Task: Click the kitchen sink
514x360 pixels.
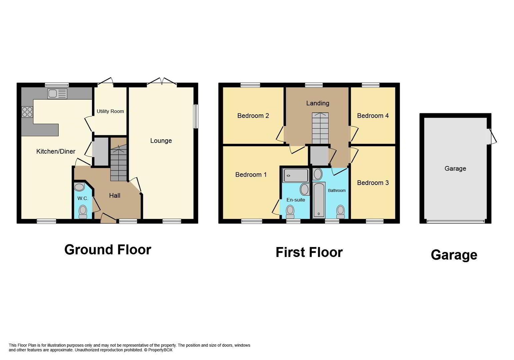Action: pyautogui.click(x=57, y=94)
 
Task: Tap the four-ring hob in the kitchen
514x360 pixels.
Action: pyautogui.click(x=27, y=112)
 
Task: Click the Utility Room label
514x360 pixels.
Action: pyautogui.click(x=110, y=111)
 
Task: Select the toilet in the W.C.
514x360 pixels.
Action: pyautogui.click(x=83, y=212)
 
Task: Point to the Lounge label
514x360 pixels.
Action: pyautogui.click(x=161, y=141)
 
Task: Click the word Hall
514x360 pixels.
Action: pyautogui.click(x=115, y=195)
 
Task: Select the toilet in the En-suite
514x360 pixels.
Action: pyautogui.click(x=290, y=212)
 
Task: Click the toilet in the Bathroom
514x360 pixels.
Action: pyautogui.click(x=341, y=212)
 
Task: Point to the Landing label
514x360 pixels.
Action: pyautogui.click(x=318, y=103)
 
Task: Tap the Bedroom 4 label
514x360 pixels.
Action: pyautogui.click(x=373, y=116)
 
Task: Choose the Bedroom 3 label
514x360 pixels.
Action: pyautogui.click(x=373, y=183)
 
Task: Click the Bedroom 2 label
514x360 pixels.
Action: pyautogui.click(x=253, y=116)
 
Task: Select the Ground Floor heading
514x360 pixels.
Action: pyautogui.click(x=108, y=250)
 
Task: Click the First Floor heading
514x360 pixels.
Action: pyautogui.click(x=309, y=252)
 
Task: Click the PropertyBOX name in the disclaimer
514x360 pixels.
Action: pyautogui.click(x=160, y=350)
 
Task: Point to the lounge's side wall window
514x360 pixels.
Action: pyautogui.click(x=196, y=116)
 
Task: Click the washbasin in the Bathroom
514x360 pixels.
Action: pyautogui.click(x=318, y=174)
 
